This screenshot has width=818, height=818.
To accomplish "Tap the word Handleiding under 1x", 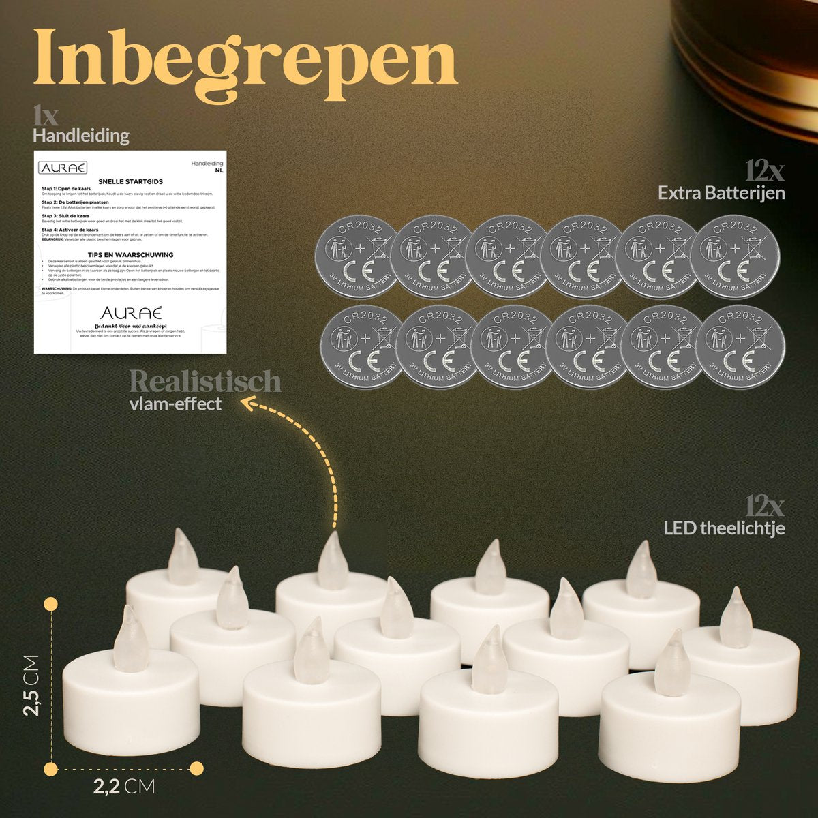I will (x=81, y=136).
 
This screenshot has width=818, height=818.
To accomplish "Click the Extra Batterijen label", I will (x=721, y=193).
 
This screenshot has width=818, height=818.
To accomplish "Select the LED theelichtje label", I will (x=724, y=528).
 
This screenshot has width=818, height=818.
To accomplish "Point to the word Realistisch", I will (x=204, y=381).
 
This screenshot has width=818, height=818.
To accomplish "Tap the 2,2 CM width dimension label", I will (x=123, y=787).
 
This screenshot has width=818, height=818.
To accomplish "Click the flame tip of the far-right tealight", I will (x=736, y=593).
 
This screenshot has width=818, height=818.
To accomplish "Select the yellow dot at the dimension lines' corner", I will (x=50, y=768).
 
